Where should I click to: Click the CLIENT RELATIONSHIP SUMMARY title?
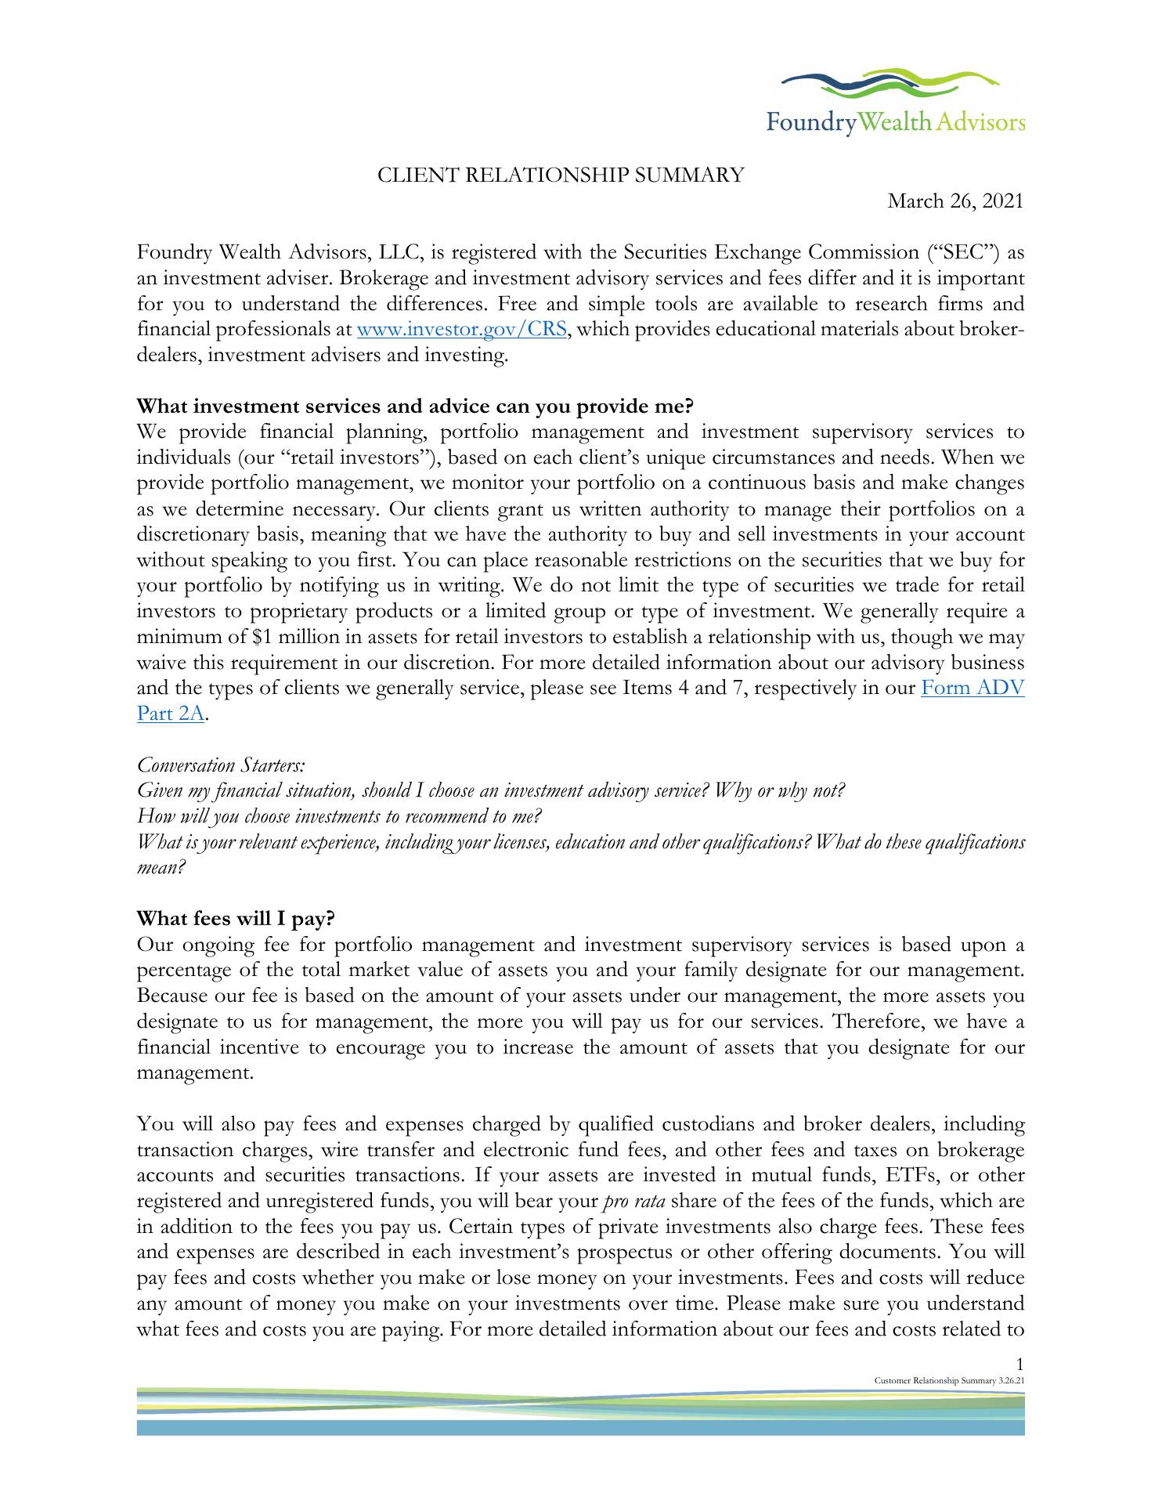561,175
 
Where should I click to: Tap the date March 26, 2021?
955,201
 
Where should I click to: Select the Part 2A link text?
170,714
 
